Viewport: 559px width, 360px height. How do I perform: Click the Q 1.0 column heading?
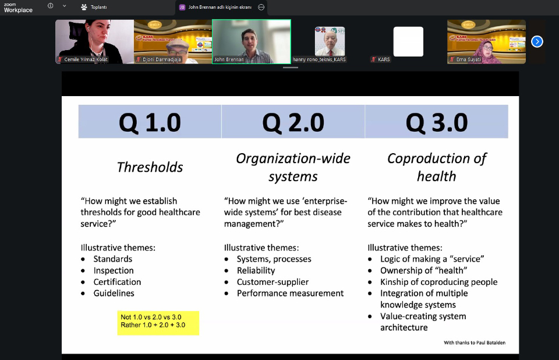[150, 122]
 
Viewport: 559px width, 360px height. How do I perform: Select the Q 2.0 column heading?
[293, 122]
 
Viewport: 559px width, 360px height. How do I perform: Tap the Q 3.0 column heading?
[437, 122]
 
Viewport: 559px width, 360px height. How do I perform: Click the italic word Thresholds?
[150, 167]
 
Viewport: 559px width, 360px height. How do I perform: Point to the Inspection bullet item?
[114, 270]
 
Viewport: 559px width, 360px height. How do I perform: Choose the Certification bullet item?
[117, 282]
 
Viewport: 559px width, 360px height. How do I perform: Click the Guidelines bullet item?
[114, 293]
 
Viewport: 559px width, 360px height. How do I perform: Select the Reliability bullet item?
[256, 270]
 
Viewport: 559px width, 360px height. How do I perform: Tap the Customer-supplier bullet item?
[273, 282]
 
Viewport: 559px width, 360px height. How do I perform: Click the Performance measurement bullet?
[290, 293]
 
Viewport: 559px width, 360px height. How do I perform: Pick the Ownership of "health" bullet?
[423, 270]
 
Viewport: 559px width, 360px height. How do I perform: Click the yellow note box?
[158, 323]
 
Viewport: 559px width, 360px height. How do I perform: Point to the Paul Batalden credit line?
[475, 343]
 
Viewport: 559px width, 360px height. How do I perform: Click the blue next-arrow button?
[537, 42]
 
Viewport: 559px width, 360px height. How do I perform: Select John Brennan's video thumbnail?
[252, 42]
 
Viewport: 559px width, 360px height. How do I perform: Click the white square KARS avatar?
[408, 41]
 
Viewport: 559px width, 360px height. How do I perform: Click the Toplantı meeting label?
[99, 7]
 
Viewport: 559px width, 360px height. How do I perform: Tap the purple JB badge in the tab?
[182, 7]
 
